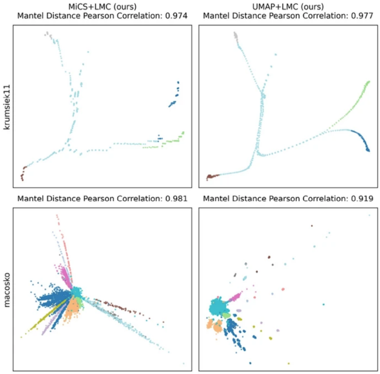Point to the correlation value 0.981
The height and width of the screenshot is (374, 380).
pyautogui.click(x=176, y=199)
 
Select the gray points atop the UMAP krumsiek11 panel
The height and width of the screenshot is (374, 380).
pyautogui.click(x=235, y=35)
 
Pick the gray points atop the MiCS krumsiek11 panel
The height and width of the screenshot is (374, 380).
pyautogui.click(x=47, y=33)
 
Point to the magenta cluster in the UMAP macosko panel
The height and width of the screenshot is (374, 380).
pyautogui.click(x=235, y=297)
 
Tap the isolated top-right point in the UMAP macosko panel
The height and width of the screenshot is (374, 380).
pyautogui.click(x=369, y=215)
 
